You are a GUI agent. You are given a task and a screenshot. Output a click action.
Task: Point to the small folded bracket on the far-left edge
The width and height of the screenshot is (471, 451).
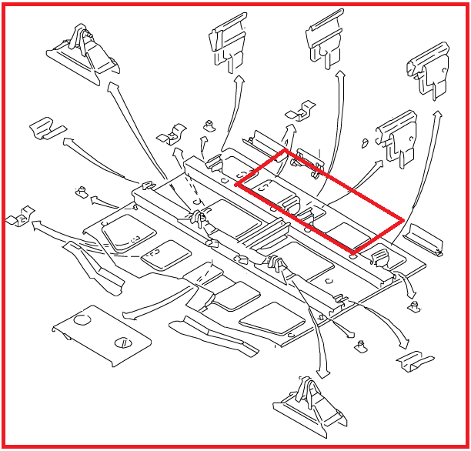tap(19, 219)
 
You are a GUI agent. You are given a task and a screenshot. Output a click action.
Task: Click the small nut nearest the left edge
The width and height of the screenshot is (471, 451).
tap(79, 191)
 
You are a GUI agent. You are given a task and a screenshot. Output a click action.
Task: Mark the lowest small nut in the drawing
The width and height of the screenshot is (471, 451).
tap(359, 348)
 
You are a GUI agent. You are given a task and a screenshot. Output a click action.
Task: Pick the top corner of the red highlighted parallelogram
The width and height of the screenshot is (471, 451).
tap(286, 151)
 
